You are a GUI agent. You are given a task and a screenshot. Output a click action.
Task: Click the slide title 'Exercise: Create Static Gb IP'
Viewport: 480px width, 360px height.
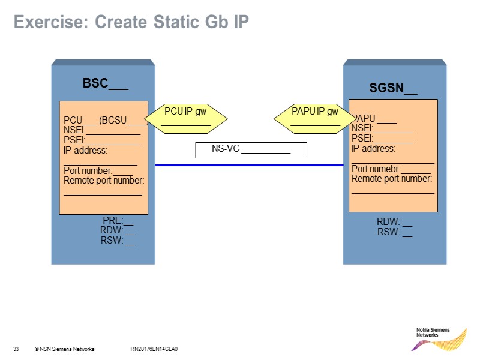pos(131,22)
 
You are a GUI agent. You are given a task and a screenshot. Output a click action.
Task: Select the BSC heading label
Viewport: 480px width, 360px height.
pos(105,83)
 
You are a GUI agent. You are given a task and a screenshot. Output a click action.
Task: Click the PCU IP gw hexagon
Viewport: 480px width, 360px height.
pos(186,117)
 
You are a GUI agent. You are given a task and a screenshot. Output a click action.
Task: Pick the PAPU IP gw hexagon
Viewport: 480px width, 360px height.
pos(315,117)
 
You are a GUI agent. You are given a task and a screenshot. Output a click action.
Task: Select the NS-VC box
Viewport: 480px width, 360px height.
pos(251,150)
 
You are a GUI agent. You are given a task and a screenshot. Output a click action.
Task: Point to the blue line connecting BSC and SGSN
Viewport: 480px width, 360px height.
pos(248,165)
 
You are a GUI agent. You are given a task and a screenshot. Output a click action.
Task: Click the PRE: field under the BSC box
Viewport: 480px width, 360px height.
pos(118,220)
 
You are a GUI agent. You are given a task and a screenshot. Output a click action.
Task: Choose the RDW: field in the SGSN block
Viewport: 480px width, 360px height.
pos(394,222)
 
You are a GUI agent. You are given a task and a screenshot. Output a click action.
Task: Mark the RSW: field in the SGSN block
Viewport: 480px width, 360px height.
pos(394,232)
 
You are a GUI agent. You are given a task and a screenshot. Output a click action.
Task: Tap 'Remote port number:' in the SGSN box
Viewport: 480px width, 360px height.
pos(391,178)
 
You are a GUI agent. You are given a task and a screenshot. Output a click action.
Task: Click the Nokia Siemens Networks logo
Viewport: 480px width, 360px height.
pos(441,338)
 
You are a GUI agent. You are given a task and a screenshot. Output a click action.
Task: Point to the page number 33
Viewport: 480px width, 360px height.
pos(16,349)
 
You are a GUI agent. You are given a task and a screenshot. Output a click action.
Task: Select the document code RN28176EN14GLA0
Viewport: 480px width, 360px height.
pos(154,349)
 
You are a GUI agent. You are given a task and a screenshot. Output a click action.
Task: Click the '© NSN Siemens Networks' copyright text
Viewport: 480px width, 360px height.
pos(64,349)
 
